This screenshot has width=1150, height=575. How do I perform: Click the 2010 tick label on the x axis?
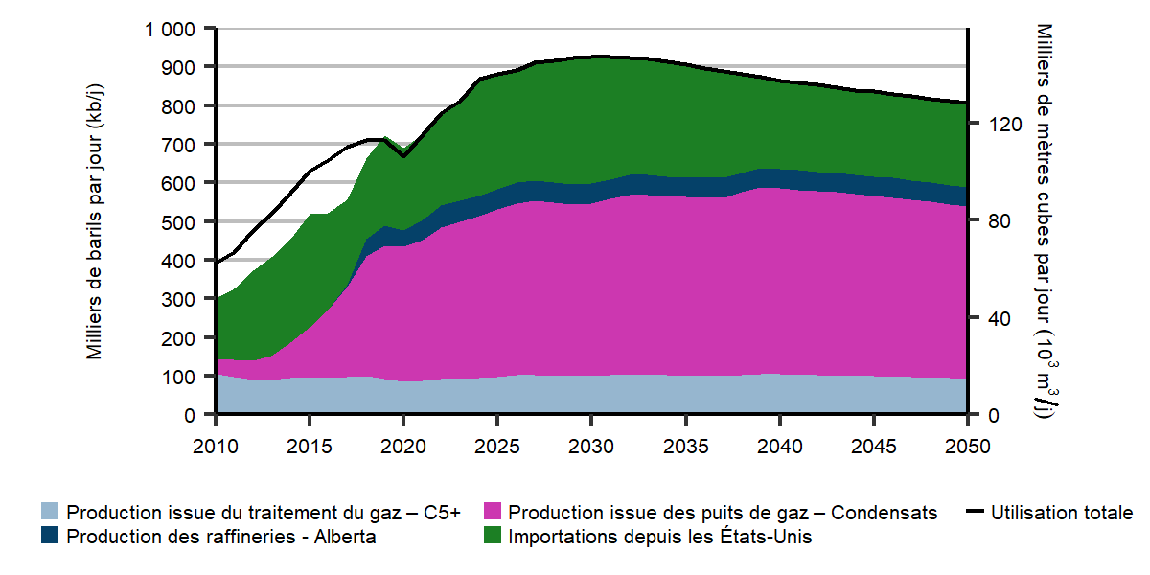[x=216, y=447]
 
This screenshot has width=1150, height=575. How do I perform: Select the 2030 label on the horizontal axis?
[x=591, y=447]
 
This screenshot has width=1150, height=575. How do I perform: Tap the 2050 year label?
[x=967, y=447]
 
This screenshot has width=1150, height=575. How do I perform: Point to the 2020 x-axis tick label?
[x=403, y=447]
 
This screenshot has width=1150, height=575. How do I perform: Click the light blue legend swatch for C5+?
[x=51, y=513]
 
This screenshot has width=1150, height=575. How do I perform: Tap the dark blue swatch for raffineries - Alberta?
[x=51, y=537]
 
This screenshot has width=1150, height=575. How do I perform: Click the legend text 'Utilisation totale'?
[x=1062, y=513]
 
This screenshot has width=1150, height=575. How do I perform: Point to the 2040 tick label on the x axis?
[x=779, y=447]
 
